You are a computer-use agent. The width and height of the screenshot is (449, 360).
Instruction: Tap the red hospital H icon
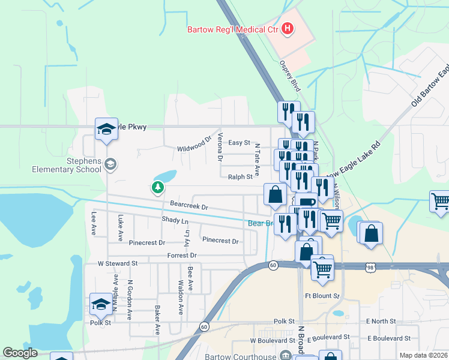point(288,28)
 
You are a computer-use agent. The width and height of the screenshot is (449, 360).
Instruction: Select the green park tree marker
point(158,188)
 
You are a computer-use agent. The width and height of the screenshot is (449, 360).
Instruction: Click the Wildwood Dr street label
point(194,145)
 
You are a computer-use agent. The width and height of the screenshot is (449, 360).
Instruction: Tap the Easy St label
point(239,143)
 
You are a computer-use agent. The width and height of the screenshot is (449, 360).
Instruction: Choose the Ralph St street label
point(240,177)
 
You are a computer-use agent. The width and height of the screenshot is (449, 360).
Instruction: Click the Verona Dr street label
point(220,148)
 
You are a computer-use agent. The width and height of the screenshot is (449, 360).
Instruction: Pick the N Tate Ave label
point(257,159)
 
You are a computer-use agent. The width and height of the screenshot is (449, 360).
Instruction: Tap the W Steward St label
point(118,263)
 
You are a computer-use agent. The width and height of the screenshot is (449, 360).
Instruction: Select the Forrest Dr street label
point(182,255)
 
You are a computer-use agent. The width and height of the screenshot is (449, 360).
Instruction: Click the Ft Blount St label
point(322,296)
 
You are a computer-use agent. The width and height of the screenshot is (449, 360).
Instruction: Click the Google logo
point(20,353)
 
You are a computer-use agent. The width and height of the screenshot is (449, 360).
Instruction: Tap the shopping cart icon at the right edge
point(441,202)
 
